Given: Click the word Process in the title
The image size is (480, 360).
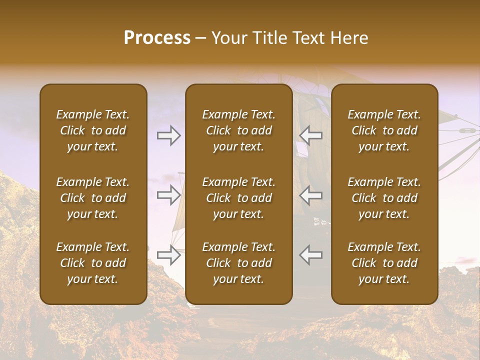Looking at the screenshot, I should [x=157, y=38].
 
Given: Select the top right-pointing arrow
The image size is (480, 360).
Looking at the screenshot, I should [x=168, y=135].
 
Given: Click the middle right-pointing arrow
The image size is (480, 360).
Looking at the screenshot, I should [x=168, y=195].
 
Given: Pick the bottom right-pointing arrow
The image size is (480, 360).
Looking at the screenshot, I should [x=168, y=254].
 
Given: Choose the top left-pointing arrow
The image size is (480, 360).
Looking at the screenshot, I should [x=311, y=135].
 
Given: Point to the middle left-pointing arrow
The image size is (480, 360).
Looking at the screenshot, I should [x=311, y=195].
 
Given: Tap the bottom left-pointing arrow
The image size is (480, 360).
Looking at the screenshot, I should [x=311, y=254].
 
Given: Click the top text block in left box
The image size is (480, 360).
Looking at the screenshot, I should [x=93, y=130].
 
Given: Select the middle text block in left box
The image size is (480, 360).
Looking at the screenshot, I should [x=93, y=198].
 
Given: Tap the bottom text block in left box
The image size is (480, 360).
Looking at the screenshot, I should [x=93, y=263].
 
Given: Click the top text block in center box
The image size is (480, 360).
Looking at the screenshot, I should [x=238, y=130].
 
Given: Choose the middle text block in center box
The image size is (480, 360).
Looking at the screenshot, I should [x=238, y=198].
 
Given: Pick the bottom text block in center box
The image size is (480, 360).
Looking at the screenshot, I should [x=238, y=263].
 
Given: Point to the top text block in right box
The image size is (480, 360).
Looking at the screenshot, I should [x=384, y=130].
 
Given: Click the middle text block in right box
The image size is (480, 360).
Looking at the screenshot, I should [x=384, y=198].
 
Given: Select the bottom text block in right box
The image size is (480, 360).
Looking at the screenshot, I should [x=384, y=263].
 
